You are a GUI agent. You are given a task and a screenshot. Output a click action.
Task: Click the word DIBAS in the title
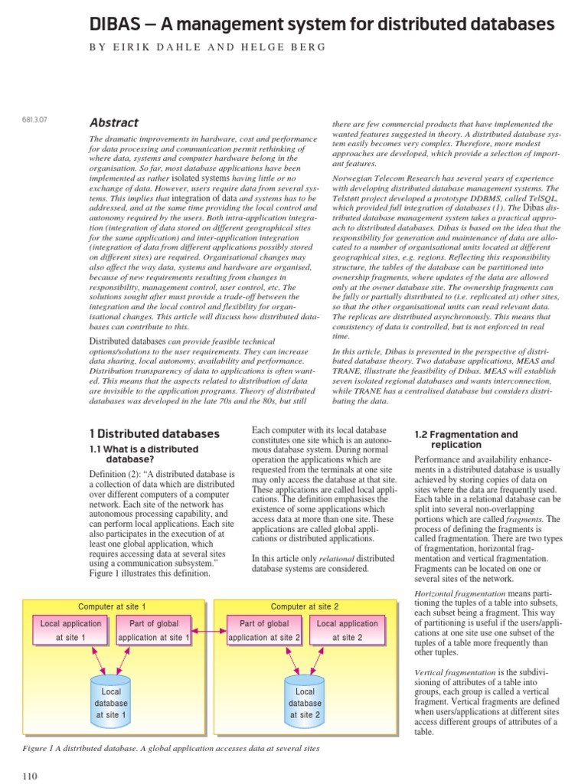click(x=116, y=24)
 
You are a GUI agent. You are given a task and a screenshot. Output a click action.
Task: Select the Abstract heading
click(x=114, y=122)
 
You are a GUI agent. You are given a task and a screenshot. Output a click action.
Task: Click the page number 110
click(x=30, y=776)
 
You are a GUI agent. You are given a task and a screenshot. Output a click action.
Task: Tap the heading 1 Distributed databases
click(x=155, y=434)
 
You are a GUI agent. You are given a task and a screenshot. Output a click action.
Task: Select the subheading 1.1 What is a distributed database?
click(x=144, y=454)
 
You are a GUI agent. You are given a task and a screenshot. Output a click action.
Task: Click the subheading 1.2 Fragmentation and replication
click(x=465, y=439)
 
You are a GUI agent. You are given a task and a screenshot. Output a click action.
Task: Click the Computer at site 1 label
click(x=112, y=606)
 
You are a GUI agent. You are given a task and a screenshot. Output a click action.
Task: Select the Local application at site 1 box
click(x=70, y=630)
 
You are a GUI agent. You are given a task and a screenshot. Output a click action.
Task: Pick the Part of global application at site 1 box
click(x=153, y=630)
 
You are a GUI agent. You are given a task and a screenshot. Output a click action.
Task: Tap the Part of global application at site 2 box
click(x=264, y=630)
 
